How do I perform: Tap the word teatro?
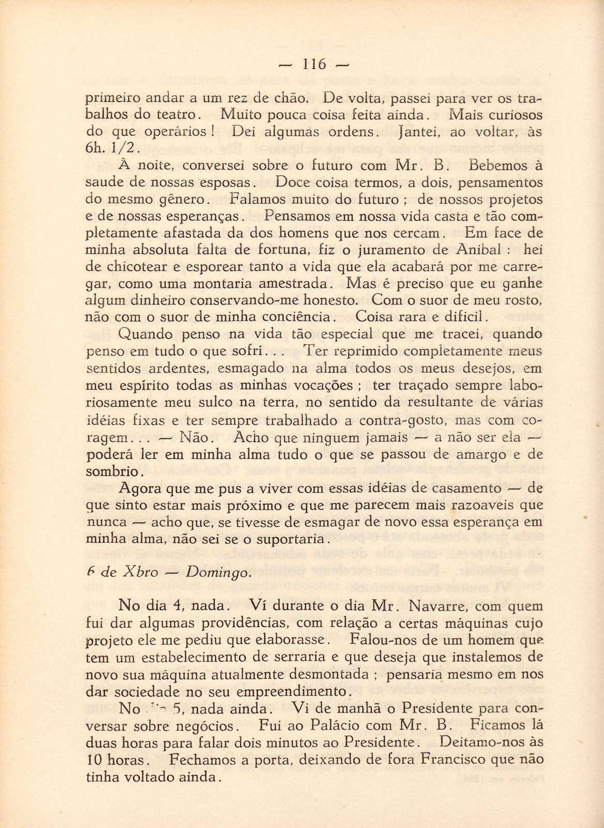tap(174, 114)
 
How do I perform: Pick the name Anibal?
tap(478, 250)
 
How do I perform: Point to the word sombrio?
tap(111, 471)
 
